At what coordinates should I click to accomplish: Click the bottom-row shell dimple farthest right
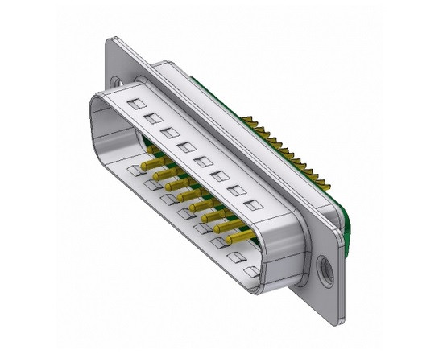251,271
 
